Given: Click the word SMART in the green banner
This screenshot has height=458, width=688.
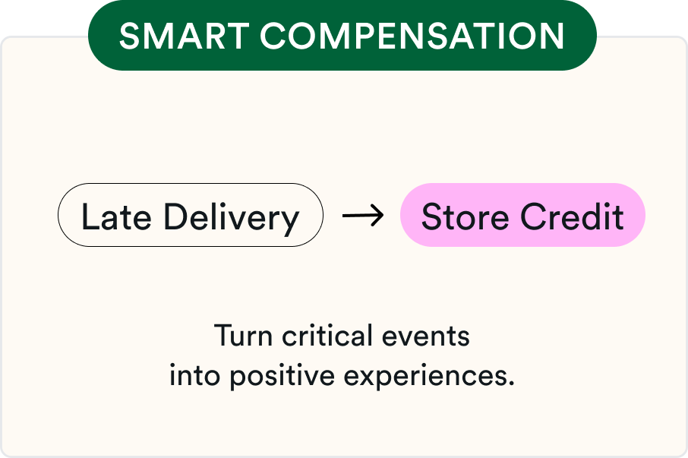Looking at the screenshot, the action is (185, 36).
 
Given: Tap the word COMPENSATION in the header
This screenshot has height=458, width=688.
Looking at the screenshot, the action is (412, 36).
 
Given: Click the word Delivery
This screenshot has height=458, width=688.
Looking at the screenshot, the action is (232, 220).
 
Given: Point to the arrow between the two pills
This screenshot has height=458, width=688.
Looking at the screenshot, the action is (362, 216).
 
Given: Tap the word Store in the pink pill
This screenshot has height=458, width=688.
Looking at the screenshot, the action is (465, 216).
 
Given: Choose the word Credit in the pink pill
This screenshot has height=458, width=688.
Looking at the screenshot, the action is (572, 216).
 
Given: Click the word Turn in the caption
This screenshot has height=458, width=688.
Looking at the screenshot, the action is (243, 336).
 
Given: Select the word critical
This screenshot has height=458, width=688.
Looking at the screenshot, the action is (327, 336).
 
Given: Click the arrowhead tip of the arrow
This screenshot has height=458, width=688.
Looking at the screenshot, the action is (383, 216).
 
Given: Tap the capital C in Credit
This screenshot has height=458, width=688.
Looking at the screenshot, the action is (533, 216).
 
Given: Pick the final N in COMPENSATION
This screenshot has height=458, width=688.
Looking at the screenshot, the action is (552, 36).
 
